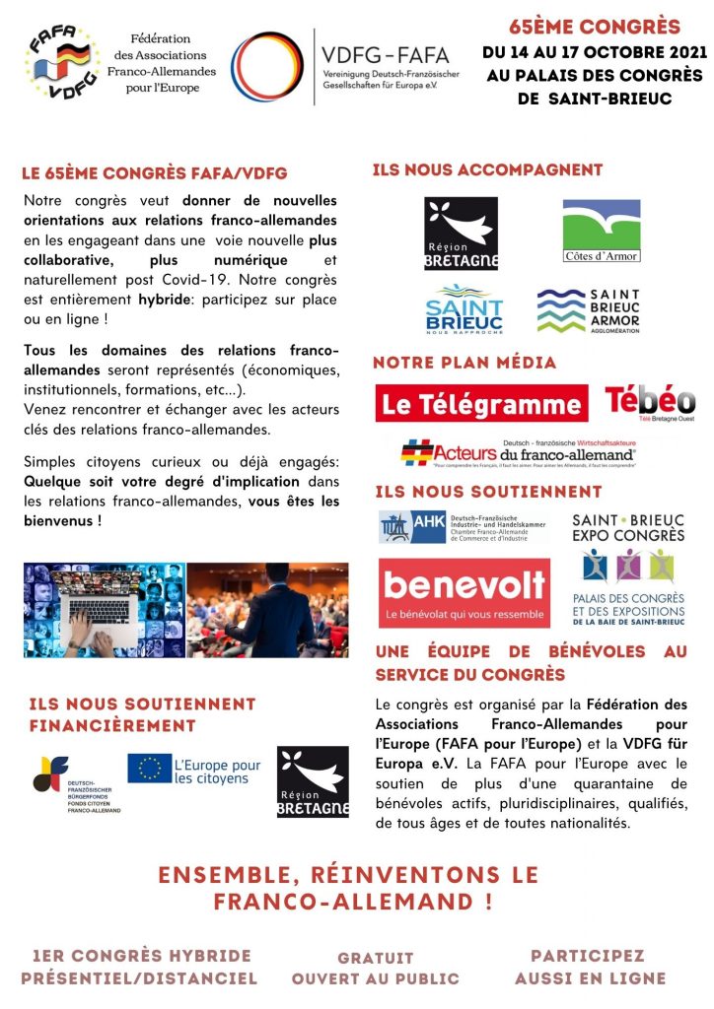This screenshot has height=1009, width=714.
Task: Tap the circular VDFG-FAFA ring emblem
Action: (267, 66)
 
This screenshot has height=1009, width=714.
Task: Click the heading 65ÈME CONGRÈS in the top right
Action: (595, 26)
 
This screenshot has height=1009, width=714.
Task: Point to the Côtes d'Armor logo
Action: (601, 232)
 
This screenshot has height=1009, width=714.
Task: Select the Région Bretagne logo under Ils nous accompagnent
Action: (461, 233)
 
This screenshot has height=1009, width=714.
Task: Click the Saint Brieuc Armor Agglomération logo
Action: (589, 310)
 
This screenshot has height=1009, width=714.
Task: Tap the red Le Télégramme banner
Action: (482, 403)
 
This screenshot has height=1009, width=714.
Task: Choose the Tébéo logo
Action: (650, 402)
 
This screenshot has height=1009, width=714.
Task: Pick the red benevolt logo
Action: (464, 593)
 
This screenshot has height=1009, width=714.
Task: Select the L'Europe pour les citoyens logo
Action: (194, 771)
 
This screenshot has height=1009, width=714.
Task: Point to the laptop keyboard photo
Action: (104, 610)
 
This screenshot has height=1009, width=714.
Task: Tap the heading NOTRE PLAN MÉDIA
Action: (465, 363)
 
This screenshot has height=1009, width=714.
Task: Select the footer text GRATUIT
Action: (376, 958)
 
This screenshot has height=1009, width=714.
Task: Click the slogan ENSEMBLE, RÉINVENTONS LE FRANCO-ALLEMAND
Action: (349, 888)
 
